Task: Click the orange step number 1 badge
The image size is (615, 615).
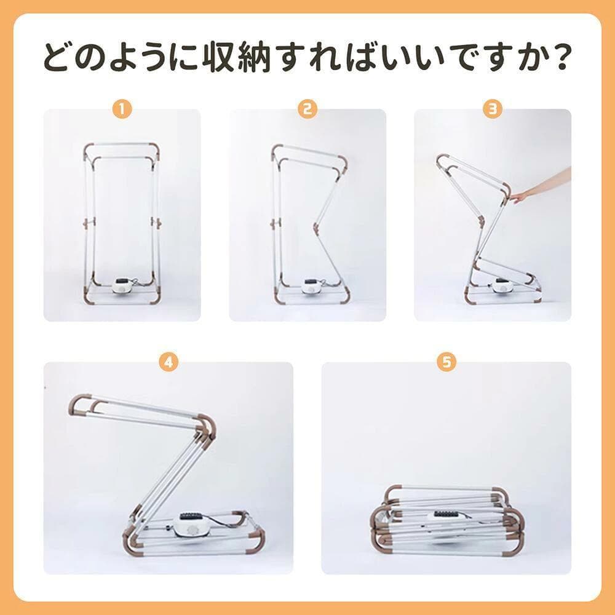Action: click(122, 109)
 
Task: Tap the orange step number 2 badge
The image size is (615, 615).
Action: click(307, 109)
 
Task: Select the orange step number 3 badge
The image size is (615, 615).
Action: click(493, 109)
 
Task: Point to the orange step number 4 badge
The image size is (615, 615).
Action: click(169, 362)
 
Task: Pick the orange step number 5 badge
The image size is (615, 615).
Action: click(446, 362)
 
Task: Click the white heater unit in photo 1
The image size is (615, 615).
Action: click(122, 285)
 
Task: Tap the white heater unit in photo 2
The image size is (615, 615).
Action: click(312, 286)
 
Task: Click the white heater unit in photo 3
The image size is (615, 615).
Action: click(501, 285)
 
